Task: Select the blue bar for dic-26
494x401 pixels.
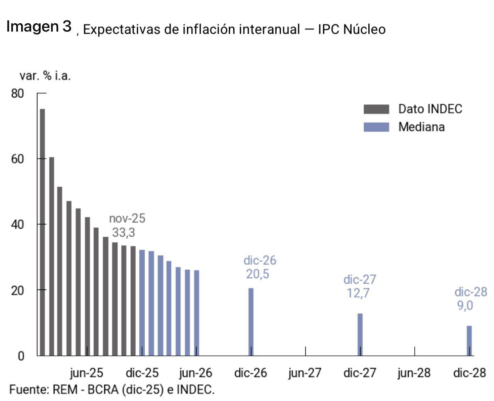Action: [251, 322]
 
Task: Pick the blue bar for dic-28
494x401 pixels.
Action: [469, 340]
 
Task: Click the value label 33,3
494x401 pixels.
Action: [123, 233]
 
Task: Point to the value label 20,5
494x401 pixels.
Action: [258, 274]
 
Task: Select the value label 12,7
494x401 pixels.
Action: [358, 293]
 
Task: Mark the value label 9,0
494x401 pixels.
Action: [465, 306]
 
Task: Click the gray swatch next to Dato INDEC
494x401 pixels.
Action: [376, 109]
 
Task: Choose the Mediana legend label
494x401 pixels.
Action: [421, 127]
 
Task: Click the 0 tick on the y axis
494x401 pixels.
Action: [21, 356]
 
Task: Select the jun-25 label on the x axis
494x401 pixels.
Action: [86, 373]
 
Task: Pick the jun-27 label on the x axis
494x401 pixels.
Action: [305, 373]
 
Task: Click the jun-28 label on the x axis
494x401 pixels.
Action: [414, 373]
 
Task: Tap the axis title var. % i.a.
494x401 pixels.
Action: [45, 76]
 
